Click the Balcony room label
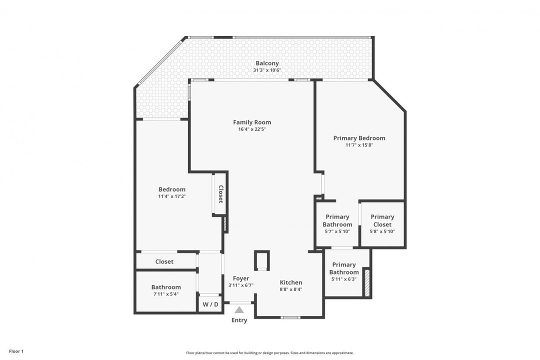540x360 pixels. point(267,63)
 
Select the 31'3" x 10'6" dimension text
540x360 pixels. point(267,70)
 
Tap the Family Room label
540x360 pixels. point(252,122)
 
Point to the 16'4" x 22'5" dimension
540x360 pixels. point(252,129)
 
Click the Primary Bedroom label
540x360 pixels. point(359,138)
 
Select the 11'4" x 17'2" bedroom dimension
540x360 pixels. point(171,196)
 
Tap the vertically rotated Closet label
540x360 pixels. point(220,194)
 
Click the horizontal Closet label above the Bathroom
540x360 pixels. point(164,261)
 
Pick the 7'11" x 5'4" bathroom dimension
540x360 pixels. point(166,294)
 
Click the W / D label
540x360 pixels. point(210,304)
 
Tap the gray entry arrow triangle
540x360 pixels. point(239,310)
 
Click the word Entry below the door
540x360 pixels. point(239,320)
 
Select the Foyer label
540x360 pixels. point(241,278)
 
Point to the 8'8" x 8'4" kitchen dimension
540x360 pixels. point(290,289)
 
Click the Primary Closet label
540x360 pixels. point(382,220)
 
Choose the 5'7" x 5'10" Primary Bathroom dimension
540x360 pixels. point(337,231)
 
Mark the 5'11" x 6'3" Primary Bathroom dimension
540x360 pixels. point(344,279)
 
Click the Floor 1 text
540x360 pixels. point(16,351)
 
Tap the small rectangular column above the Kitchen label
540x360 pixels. point(262,260)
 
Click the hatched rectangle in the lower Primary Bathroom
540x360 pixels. point(366,283)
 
